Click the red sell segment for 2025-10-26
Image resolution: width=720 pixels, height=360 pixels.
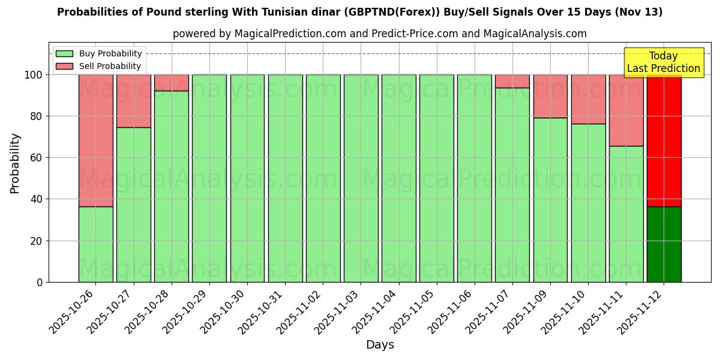(95, 140)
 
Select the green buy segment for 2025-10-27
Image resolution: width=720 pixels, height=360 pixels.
(133, 205)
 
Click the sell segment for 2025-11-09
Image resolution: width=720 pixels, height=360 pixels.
(550, 96)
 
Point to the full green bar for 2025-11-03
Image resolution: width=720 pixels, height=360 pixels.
(361, 178)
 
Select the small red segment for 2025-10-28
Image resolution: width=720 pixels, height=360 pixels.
(171, 83)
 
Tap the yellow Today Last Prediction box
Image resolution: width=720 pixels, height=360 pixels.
(664, 62)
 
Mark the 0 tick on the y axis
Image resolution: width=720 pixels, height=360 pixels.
(40, 282)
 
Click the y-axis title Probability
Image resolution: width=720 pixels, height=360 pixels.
(15, 163)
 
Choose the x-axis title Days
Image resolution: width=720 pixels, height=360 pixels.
(380, 345)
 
